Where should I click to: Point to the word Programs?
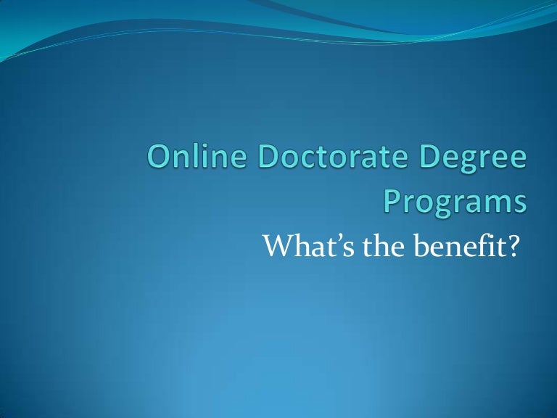(x=454, y=201)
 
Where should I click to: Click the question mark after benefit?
(x=515, y=246)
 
